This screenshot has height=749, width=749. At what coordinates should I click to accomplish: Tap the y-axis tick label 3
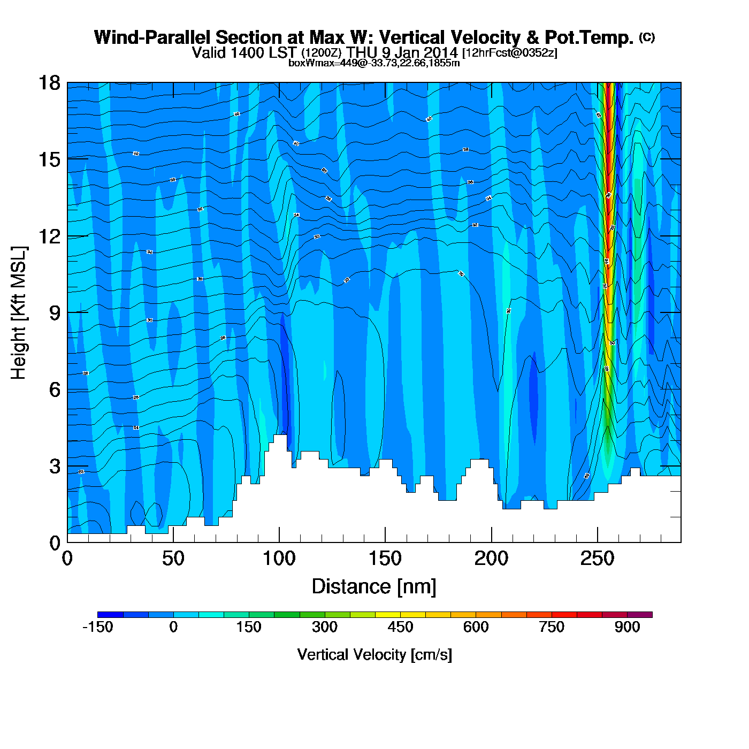pos(55,466)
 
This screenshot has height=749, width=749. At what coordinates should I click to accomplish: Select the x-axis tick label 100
pos(279,559)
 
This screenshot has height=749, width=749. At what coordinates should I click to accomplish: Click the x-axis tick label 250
pos(597,559)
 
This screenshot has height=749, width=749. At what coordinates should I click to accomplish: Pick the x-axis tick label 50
pos(173,559)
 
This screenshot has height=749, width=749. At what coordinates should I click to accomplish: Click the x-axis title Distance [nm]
pos(374,587)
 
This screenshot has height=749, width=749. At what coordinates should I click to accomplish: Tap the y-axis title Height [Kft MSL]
pos(19,313)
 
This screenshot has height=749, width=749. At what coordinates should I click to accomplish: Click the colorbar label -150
pos(98,627)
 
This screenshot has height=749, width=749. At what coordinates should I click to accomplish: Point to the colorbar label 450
pos(400,627)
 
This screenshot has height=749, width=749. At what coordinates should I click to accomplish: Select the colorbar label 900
pos(627,627)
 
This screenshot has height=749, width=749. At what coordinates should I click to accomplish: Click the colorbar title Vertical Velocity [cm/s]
pos(374,654)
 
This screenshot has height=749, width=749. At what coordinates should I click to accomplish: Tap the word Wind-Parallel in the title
pos(153,38)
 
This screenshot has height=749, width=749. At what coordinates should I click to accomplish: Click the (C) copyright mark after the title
pos(647,37)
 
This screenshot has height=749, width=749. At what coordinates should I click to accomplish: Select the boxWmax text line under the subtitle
pos(374,63)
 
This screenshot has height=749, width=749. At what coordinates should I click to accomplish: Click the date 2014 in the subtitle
pos(441,52)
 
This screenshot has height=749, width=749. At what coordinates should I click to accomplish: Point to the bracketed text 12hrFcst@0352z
pos(510,53)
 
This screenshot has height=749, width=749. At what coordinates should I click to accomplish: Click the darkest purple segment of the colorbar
pos(640,615)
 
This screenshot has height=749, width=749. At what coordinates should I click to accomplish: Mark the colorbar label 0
pos(173,627)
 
